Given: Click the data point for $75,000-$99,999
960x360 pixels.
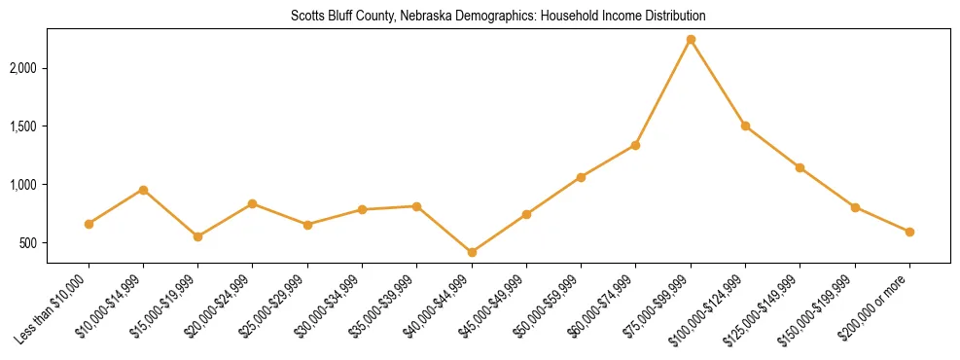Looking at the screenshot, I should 691,40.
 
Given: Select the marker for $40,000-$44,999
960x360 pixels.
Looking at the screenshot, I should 472,252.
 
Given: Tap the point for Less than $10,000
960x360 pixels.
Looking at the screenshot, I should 89,224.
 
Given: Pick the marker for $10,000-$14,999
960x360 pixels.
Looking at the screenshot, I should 143,190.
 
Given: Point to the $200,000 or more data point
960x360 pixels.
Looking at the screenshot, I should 909,232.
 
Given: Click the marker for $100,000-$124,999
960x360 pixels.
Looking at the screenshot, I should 745,126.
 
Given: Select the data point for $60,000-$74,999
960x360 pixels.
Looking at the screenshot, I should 635,145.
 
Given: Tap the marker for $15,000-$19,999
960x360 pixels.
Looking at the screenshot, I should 197,236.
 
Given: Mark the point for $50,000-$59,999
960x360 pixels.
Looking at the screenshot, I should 581,177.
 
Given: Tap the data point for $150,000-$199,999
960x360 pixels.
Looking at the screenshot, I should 855,207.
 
